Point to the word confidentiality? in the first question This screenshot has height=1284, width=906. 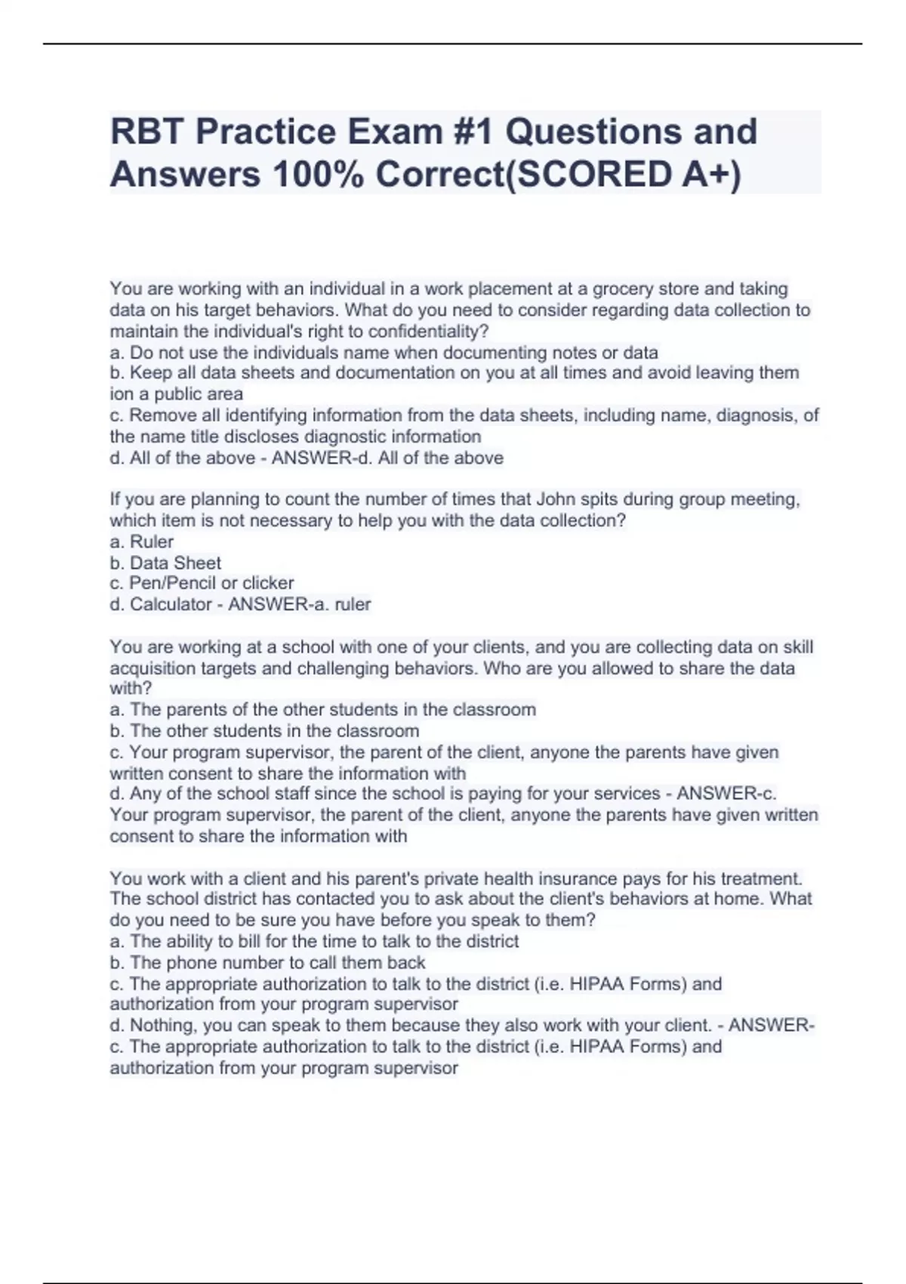coord(429,331)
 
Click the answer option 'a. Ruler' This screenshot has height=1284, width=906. coord(142,542)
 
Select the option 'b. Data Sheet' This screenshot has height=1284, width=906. coord(165,563)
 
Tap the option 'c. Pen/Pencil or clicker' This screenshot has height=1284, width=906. coord(202,583)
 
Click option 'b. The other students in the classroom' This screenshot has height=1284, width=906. coord(264,731)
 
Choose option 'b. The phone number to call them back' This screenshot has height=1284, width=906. coord(267,963)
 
